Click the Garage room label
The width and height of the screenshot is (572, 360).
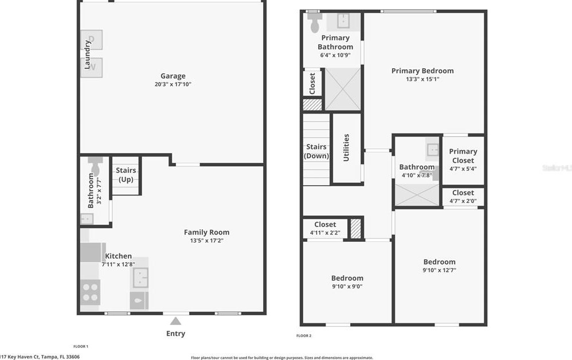pos(173,76)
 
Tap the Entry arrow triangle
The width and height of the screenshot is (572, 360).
pos(176,322)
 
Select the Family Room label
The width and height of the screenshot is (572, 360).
pos(206,232)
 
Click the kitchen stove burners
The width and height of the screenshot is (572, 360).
pos(91,292)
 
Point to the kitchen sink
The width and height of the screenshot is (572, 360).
pos(140,277)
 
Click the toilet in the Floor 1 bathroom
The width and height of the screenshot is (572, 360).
pos(94,167)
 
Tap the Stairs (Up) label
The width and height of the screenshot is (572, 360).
pos(126,175)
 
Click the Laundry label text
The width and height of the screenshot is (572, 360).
pos(88,54)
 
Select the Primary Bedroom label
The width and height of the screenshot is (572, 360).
pos(422,71)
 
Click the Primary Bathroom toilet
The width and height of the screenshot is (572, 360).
pos(315,23)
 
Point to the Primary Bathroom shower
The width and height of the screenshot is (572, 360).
pos(343,89)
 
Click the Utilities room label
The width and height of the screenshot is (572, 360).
pos(346,147)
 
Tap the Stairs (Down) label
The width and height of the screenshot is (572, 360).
pos(316,151)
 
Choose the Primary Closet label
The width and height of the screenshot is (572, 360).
pos(463,156)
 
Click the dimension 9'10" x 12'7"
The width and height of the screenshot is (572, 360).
pos(439,271)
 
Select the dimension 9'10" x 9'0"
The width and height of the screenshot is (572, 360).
pos(347,287)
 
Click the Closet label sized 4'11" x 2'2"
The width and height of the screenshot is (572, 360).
pos(325,224)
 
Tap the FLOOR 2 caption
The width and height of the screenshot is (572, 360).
pos(304,335)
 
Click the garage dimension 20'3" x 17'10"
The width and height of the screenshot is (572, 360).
pos(173,84)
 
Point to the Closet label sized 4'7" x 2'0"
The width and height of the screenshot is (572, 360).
pos(463,193)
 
